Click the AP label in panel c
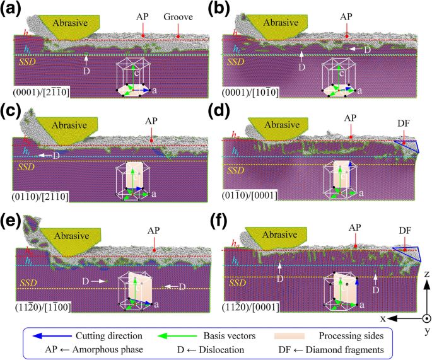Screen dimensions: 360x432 151,120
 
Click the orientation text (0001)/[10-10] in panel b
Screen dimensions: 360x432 251,93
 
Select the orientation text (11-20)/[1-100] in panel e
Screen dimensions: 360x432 43,305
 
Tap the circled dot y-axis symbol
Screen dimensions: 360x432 426,318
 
